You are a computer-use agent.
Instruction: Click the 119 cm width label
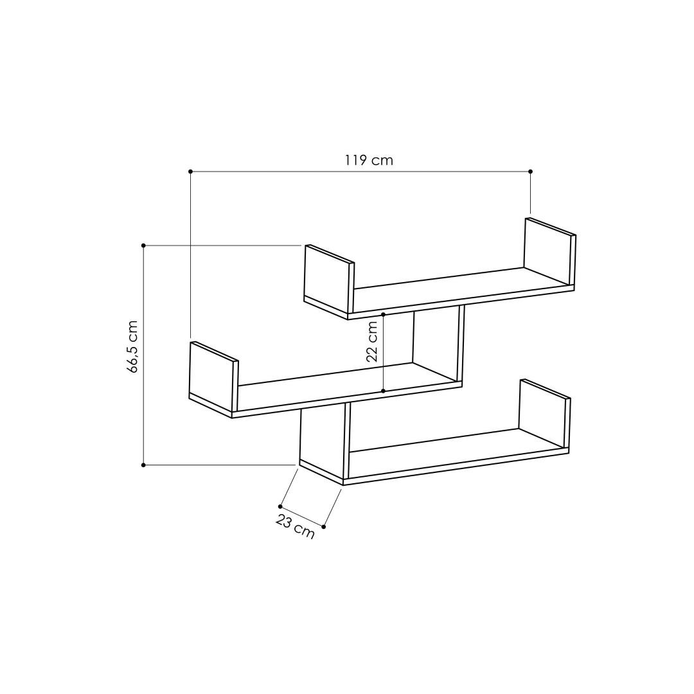(x=369, y=160)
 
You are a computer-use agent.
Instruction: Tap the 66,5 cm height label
(x=132, y=346)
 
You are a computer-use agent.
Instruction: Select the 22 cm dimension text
(x=372, y=342)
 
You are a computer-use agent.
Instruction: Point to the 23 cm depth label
(x=295, y=527)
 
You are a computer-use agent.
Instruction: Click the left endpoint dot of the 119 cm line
(x=190, y=172)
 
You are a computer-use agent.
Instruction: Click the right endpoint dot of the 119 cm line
(x=531, y=172)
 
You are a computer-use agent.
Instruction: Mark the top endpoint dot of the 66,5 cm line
(x=143, y=245)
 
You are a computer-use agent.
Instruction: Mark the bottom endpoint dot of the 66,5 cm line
(x=143, y=465)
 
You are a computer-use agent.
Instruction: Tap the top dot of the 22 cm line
(x=383, y=314)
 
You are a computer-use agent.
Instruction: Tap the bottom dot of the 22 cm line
(x=383, y=391)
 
